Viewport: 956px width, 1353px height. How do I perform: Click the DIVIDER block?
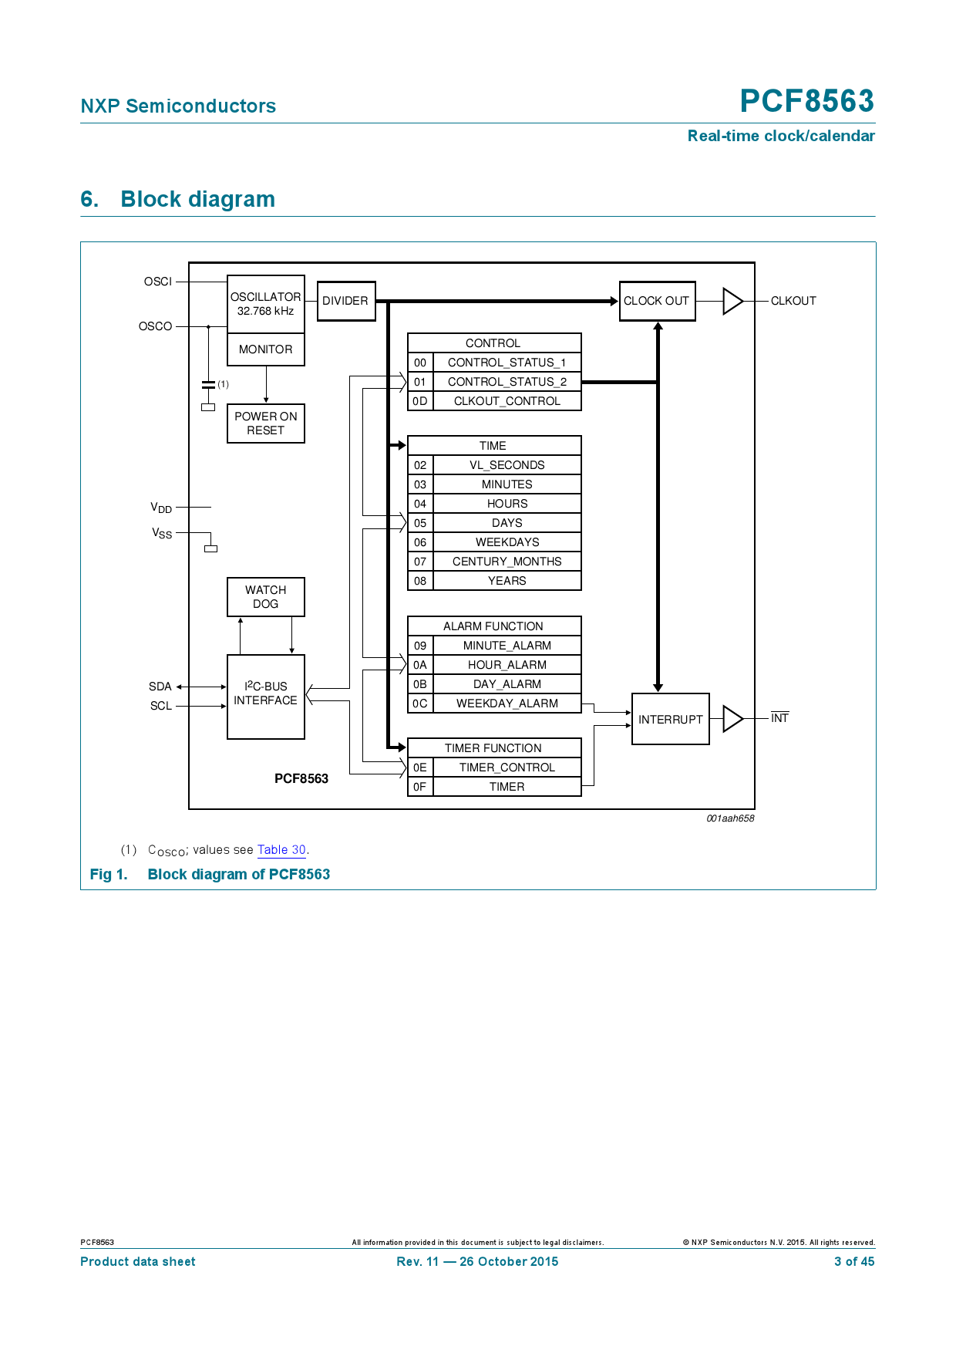coord(346,301)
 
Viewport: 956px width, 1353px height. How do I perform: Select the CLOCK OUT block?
coord(657,301)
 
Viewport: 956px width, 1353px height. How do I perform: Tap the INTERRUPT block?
coord(670,719)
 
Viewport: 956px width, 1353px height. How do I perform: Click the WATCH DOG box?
coord(265,597)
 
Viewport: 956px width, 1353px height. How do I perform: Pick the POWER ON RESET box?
coord(265,423)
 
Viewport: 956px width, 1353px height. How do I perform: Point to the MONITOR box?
coord(265,349)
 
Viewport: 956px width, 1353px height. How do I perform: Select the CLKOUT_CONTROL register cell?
coord(507,401)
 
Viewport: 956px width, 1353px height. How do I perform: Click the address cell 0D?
coord(420,401)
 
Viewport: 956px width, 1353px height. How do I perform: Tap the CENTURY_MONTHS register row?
coord(507,562)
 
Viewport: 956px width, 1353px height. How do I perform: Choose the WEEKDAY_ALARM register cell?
coord(507,703)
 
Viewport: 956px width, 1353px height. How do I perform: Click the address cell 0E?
coord(420,768)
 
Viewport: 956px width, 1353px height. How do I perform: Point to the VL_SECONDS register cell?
coord(507,465)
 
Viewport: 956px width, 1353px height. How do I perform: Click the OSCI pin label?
coord(158,282)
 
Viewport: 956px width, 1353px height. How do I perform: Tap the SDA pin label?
coord(160,687)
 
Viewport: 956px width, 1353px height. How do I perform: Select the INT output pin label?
coord(779,718)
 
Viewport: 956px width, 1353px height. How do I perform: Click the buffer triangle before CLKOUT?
coord(732,301)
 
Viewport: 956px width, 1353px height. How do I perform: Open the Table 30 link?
coord(281,849)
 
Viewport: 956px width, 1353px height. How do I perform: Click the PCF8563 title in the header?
coord(806,101)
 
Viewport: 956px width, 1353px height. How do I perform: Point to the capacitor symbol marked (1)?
coord(208,384)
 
